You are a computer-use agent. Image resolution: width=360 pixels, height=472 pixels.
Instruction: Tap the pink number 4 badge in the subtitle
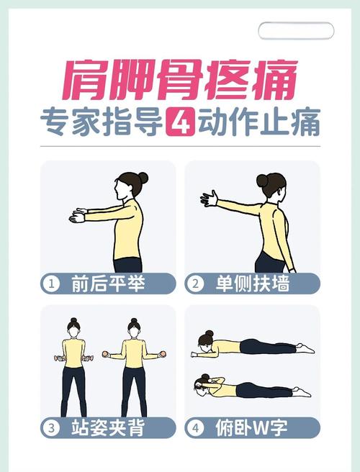click(177, 122)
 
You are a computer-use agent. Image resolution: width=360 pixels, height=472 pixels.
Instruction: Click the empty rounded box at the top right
click(296, 31)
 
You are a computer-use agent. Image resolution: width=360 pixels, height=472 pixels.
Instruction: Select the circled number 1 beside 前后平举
click(52, 284)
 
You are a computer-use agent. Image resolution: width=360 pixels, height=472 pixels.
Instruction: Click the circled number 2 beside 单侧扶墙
click(194, 284)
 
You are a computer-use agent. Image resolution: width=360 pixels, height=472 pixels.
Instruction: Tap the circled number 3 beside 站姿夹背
click(52, 428)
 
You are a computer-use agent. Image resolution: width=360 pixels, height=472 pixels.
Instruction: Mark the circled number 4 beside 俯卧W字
click(194, 428)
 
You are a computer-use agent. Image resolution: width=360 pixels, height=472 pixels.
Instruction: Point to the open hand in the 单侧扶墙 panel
click(210, 198)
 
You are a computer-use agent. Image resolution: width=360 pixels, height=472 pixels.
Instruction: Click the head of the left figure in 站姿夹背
click(72, 327)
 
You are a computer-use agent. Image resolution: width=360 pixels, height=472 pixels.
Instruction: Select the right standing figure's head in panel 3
click(133, 327)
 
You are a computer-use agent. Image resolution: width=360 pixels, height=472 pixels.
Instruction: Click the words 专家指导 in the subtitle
click(100, 122)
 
